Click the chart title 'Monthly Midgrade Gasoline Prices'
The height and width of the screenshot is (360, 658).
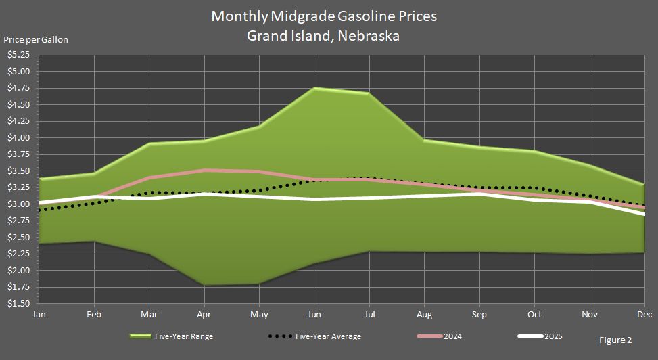(324, 16)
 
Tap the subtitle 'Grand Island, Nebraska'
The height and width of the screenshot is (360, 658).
(323, 36)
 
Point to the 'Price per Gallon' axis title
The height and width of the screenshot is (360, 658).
(36, 39)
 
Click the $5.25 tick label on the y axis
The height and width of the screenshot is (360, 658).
(18, 55)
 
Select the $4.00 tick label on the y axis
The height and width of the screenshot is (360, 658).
(18, 138)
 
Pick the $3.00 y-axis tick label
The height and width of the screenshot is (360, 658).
(18, 204)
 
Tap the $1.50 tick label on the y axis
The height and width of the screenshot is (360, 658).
(18, 304)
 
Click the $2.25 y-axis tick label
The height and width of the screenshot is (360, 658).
(18, 254)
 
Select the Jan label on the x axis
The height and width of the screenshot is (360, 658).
(39, 315)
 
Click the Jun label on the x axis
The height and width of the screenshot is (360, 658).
(314, 315)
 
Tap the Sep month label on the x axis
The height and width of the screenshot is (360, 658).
(479, 315)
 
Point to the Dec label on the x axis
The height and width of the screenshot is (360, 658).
(644, 315)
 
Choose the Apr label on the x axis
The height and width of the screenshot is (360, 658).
(204, 315)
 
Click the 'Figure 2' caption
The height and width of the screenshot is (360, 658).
(615, 340)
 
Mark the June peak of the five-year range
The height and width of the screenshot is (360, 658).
(314, 88)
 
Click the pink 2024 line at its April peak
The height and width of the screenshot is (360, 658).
(204, 171)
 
